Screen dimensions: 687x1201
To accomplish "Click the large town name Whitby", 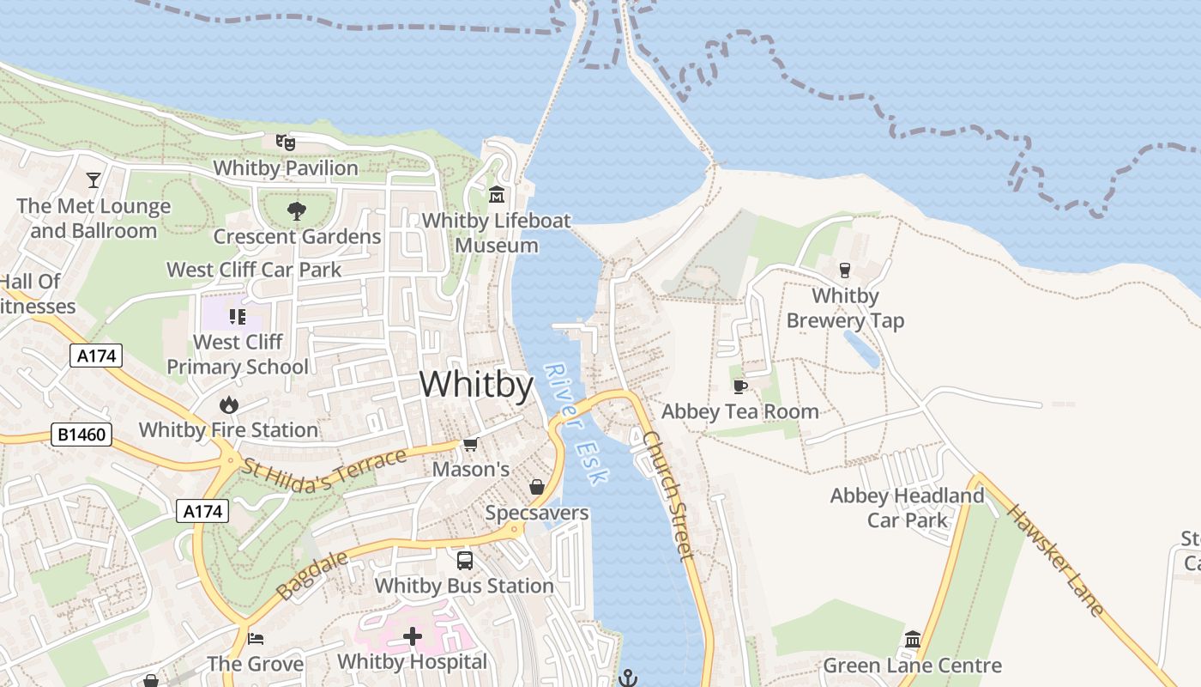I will pyautogui.click(x=476, y=384).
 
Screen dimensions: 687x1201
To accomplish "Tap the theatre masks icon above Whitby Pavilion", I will pyautogui.click(x=285, y=143).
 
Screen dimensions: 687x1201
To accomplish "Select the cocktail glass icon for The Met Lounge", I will pyautogui.click(x=94, y=180).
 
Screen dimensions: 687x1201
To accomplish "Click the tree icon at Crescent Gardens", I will pyautogui.click(x=297, y=210).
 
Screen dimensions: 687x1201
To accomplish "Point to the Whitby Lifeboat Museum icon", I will pyautogui.click(x=497, y=195).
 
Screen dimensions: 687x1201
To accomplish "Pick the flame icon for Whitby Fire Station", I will pyautogui.click(x=228, y=404).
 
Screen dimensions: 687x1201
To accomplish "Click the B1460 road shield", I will pyautogui.click(x=82, y=435).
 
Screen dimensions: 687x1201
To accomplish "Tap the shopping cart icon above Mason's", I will pyautogui.click(x=470, y=444).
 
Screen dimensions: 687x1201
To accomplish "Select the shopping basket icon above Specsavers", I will pyautogui.click(x=537, y=488).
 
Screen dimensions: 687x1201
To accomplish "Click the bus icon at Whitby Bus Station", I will pyautogui.click(x=464, y=561).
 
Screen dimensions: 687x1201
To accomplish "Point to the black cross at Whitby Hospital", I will pyautogui.click(x=413, y=636).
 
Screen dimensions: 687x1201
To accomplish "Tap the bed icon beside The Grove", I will pyautogui.click(x=256, y=639).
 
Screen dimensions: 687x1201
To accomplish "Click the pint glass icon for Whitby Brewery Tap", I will pyautogui.click(x=845, y=271).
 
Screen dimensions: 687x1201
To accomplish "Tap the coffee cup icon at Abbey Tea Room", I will pyautogui.click(x=739, y=386).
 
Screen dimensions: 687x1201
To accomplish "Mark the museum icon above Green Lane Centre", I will pyautogui.click(x=912, y=640).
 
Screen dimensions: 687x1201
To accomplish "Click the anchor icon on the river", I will pyautogui.click(x=629, y=678).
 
